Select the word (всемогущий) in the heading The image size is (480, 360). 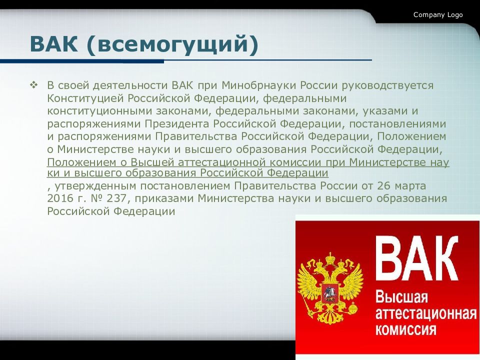(172, 45)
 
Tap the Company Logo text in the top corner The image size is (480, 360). (438, 15)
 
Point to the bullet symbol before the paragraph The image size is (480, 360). (33, 84)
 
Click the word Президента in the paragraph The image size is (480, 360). (177, 123)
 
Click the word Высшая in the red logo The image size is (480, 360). (401, 296)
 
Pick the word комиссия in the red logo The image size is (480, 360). (405, 329)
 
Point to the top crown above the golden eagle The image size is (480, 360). (329, 258)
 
